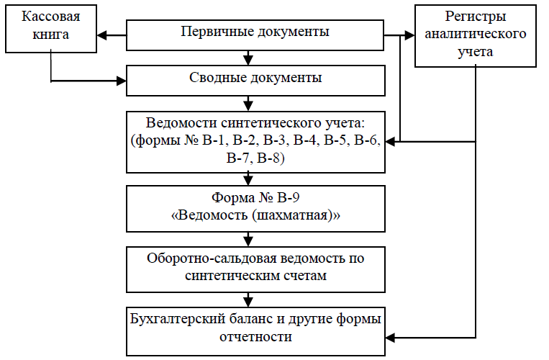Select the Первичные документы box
[255, 33]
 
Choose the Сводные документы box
[255, 78]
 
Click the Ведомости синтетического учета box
[255, 141]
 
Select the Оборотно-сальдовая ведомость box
[255, 266]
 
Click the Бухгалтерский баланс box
[255, 327]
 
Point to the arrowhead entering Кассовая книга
[102, 34]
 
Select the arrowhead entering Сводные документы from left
[121, 79]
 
